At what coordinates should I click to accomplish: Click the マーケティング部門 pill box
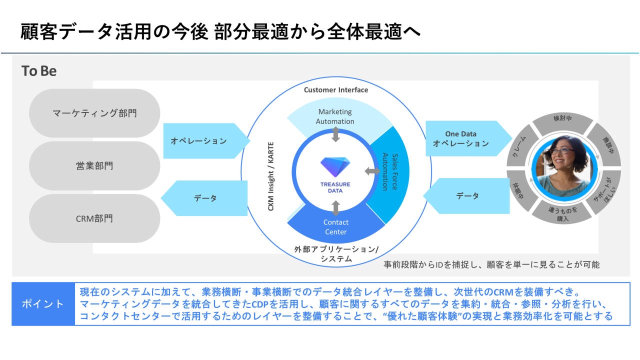click(94, 113)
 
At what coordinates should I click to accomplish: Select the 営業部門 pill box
click(94, 165)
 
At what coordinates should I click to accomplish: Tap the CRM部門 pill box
click(94, 218)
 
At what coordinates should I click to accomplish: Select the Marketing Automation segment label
click(335, 116)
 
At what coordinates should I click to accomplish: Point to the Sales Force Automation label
click(389, 171)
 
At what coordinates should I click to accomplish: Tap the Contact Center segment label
click(336, 227)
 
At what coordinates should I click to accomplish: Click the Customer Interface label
click(336, 90)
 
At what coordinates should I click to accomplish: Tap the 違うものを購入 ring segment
click(562, 214)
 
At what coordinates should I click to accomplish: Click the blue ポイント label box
click(43, 304)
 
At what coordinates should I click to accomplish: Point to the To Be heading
click(39, 71)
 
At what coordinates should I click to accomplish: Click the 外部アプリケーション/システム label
click(336, 253)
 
